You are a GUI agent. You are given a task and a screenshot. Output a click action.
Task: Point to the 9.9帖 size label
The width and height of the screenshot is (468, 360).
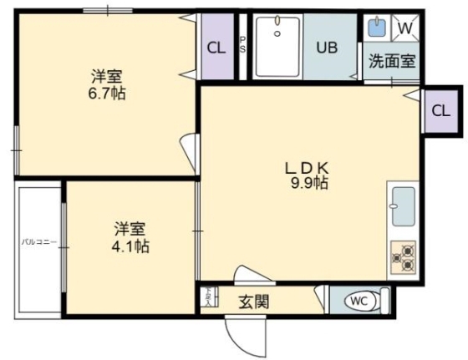coord(308,183)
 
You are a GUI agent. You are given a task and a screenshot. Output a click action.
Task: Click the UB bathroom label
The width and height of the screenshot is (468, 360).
coord(326,47)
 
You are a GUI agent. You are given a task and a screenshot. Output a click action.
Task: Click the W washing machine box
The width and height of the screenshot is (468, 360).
coord(405,28)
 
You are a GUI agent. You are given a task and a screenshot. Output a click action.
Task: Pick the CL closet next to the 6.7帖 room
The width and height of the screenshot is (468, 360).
coord(216,48)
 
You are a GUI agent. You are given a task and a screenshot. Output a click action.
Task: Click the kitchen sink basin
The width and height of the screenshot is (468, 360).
coord(403,206)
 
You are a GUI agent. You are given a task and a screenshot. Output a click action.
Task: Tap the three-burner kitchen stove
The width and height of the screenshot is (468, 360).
coord(403,256)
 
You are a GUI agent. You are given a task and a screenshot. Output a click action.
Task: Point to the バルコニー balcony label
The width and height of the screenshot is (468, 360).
coord(39,242)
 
